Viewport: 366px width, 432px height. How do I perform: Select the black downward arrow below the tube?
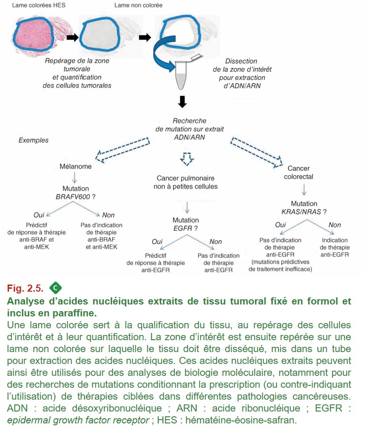182,101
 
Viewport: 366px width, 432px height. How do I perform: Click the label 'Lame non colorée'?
138,5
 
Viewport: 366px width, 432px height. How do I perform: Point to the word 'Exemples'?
34,140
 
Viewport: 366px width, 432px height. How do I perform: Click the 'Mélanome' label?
76,167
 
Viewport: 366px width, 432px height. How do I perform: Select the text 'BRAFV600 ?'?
76,196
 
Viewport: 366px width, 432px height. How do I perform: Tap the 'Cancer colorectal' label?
299,173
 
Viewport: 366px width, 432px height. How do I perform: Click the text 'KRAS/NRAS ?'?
304,212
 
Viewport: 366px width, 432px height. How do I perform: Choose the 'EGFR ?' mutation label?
185,228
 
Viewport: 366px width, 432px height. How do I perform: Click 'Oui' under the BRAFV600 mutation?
39,215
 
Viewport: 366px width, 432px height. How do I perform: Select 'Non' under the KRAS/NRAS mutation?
335,225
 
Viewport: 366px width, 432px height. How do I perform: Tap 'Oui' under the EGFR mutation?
157,242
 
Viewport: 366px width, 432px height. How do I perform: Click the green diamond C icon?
56,288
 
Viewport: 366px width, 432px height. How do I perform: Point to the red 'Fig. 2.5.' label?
25,288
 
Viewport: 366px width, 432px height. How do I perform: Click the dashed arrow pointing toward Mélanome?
123,149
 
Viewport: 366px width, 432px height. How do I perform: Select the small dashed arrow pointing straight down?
187,159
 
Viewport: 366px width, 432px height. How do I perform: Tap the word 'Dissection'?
241,61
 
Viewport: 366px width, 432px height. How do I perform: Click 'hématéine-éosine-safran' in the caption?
241,420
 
